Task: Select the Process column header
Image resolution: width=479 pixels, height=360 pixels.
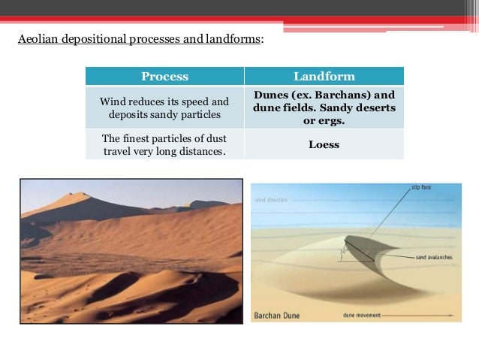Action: coord(164,77)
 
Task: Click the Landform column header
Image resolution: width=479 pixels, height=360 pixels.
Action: coord(324,77)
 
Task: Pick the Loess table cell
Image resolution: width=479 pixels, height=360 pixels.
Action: coord(324,144)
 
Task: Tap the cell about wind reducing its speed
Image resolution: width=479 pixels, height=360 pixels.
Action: coord(164,107)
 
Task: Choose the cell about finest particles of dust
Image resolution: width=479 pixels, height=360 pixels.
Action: coord(164,145)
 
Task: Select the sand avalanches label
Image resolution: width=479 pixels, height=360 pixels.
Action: coord(433,257)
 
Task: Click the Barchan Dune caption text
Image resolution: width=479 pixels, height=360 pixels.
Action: coord(277,315)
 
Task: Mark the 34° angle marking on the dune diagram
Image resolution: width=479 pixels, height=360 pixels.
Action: coord(342,253)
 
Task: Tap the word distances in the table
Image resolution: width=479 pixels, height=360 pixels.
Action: coord(203,152)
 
